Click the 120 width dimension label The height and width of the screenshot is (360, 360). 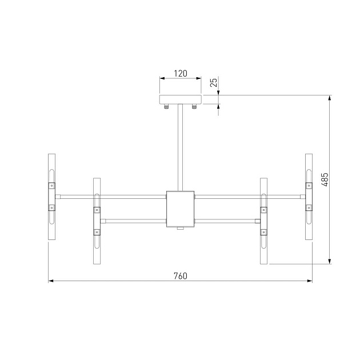[180, 73]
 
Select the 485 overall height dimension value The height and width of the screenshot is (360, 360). [324, 180]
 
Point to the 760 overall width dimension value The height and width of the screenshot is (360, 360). [180, 275]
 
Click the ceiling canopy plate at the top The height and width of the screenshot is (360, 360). [180, 99]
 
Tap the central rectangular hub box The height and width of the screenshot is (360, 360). [180, 208]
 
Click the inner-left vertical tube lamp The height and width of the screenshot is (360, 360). [96, 222]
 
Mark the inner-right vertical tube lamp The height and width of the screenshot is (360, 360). [264, 222]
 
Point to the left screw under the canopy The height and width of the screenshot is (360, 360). [167, 106]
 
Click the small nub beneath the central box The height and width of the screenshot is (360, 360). [180, 229]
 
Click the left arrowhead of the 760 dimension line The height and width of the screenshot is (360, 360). [50, 281]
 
